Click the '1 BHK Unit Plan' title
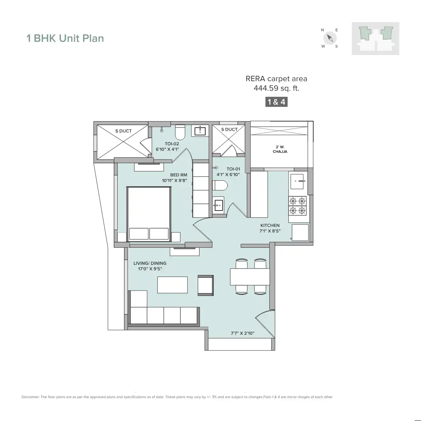(x=65, y=38)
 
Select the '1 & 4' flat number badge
(x=276, y=102)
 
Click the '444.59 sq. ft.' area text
(x=276, y=88)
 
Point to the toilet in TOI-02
(x=180, y=132)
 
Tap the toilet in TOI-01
(x=220, y=185)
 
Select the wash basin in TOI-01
(x=218, y=205)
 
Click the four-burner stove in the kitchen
(x=298, y=206)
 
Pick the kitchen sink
(x=298, y=181)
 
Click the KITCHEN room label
(x=270, y=225)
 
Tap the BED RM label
(x=179, y=175)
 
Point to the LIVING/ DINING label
(x=150, y=263)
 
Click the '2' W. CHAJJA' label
(x=280, y=149)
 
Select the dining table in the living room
(x=250, y=276)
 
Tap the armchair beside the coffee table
(x=206, y=285)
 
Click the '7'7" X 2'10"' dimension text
(x=243, y=333)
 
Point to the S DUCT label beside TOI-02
(x=123, y=131)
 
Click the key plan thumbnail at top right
(x=375, y=38)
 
